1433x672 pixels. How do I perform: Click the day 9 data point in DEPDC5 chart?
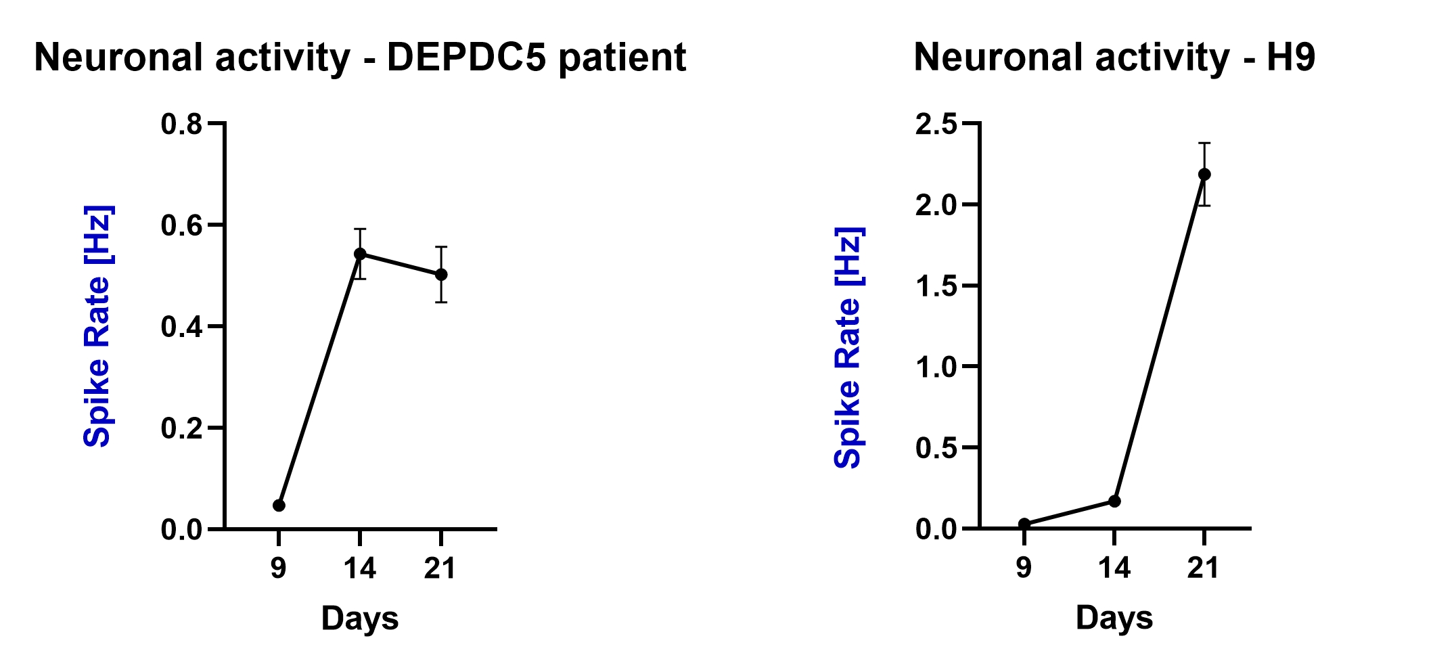279,506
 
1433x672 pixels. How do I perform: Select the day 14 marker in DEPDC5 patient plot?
360,254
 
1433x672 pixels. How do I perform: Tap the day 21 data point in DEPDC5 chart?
441,274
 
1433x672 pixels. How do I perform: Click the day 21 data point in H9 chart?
1204,174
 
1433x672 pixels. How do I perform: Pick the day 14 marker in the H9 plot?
1114,501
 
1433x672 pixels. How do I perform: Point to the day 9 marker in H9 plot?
1024,524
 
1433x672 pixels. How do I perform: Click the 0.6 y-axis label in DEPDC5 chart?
181,225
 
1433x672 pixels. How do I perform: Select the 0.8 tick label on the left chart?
181,125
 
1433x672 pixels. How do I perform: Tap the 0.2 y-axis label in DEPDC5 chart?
181,428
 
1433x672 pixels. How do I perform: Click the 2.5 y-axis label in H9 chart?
936,125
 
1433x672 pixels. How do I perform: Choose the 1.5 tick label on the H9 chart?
936,286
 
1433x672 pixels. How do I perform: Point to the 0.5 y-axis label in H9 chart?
936,448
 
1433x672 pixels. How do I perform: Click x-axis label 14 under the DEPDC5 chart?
360,568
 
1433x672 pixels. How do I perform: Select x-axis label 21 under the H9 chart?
1204,568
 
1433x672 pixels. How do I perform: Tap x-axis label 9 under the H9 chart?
1024,568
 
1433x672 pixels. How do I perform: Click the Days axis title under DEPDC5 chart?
360,619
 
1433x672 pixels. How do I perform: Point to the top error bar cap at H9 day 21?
1204,143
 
